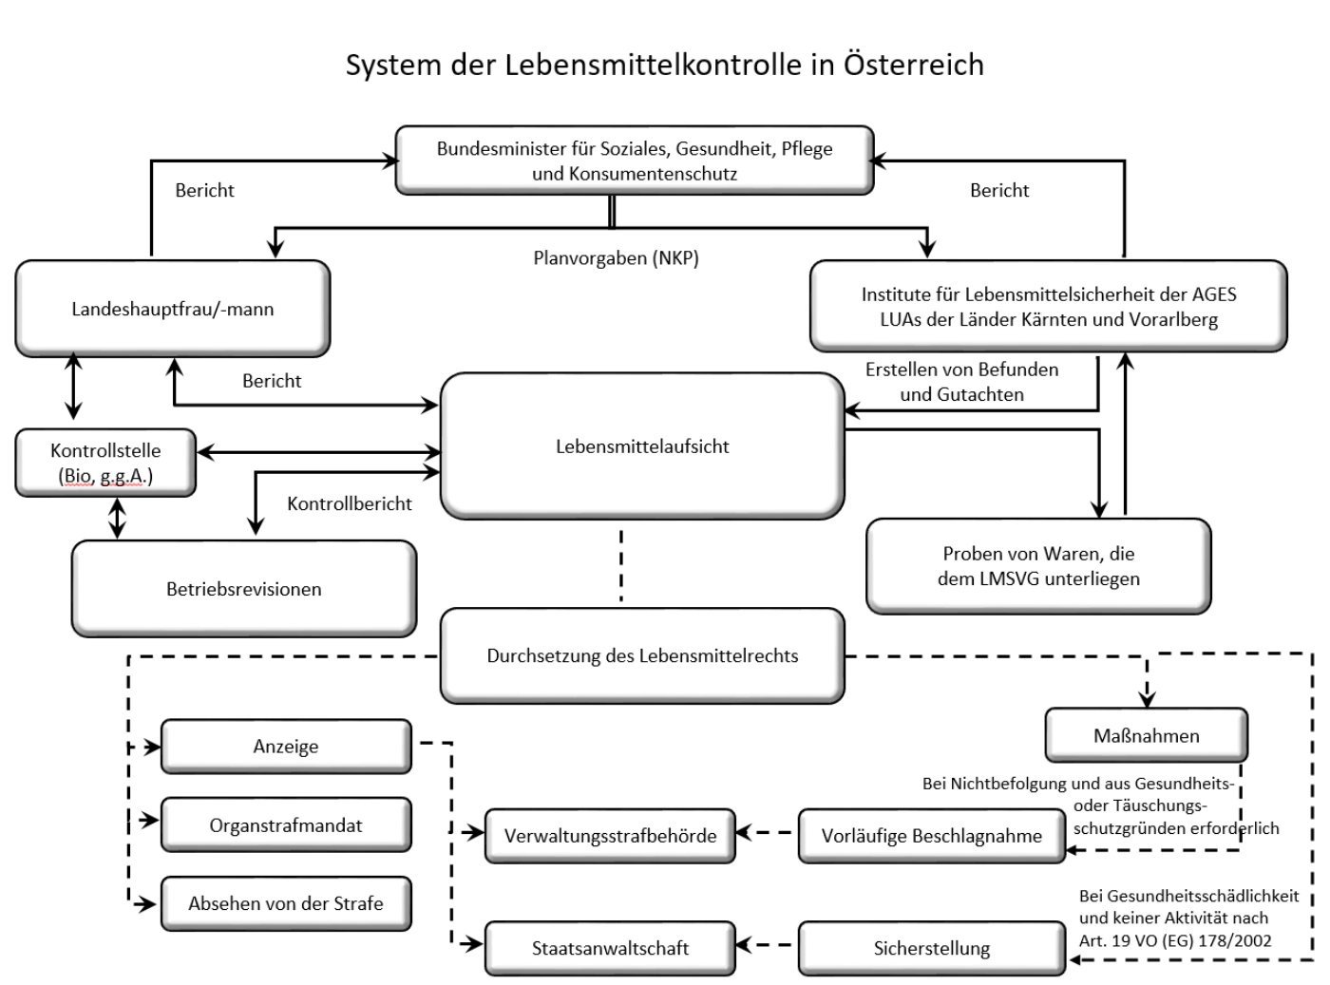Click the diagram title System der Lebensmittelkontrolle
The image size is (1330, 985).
pos(664,65)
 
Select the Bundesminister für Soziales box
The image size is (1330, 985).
pos(634,161)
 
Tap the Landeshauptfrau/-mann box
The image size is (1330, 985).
pos(172,309)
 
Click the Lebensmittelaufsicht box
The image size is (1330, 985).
pos(642,445)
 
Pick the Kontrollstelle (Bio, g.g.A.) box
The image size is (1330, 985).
pos(105,463)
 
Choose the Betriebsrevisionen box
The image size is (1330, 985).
pos(243,589)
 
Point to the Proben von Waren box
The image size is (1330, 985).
pos(1038,566)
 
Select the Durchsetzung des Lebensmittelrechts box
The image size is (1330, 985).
pos(642,655)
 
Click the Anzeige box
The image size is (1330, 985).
pos(286,747)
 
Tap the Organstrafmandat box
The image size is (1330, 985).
pos(286,825)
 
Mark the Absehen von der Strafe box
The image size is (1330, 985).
pos(286,903)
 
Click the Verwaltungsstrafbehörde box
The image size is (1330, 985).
pos(610,836)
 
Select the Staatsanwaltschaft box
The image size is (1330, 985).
pos(610,948)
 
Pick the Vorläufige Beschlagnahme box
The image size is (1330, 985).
pos(931,836)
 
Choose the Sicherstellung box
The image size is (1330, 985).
pos(931,948)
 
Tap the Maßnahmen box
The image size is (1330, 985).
pos(1146,735)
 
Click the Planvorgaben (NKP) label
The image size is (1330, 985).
pos(616,257)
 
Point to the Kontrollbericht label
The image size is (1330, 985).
pos(350,503)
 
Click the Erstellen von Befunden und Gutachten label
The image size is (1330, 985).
pos(961,382)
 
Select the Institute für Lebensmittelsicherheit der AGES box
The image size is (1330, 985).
pos(1048,307)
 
